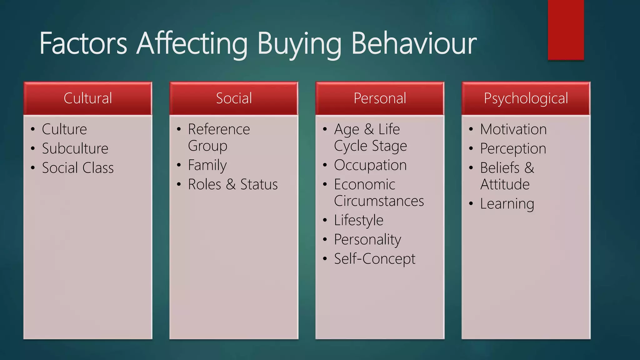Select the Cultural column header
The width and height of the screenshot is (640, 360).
[88, 98]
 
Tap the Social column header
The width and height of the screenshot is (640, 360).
[234, 98]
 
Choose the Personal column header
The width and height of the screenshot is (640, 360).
[380, 98]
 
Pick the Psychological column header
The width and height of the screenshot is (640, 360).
[526, 98]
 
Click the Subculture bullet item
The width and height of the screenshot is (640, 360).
[75, 148]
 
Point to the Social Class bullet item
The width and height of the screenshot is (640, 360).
[78, 168]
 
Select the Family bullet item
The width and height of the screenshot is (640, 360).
[207, 165]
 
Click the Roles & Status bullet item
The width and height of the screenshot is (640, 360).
[233, 184]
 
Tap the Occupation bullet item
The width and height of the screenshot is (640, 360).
[370, 165]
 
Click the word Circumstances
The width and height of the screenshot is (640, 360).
[379, 201]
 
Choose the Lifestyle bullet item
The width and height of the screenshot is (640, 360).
[358, 220]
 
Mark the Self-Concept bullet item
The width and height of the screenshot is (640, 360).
[375, 259]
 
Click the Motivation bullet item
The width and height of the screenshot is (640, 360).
[513, 129]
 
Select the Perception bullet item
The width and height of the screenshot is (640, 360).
[513, 148]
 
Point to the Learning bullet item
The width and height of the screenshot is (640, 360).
[507, 204]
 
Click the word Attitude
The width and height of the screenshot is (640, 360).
[505, 184]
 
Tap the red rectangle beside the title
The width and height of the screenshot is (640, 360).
[566, 30]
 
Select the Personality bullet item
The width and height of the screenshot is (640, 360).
[367, 240]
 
